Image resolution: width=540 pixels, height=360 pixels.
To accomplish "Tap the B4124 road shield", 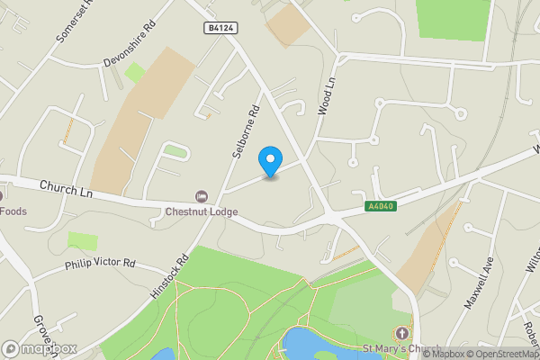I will pos(220,29).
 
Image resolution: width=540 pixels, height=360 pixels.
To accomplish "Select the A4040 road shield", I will pos(381,207).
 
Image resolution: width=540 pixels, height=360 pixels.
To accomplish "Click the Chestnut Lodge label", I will pos(201,212).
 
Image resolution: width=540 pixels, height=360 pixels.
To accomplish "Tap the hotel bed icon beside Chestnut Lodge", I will pos(201,196).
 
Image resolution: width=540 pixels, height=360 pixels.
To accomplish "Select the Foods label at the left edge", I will pos(13,212).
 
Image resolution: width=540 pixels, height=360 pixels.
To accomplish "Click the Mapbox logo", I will pos(39,348).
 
